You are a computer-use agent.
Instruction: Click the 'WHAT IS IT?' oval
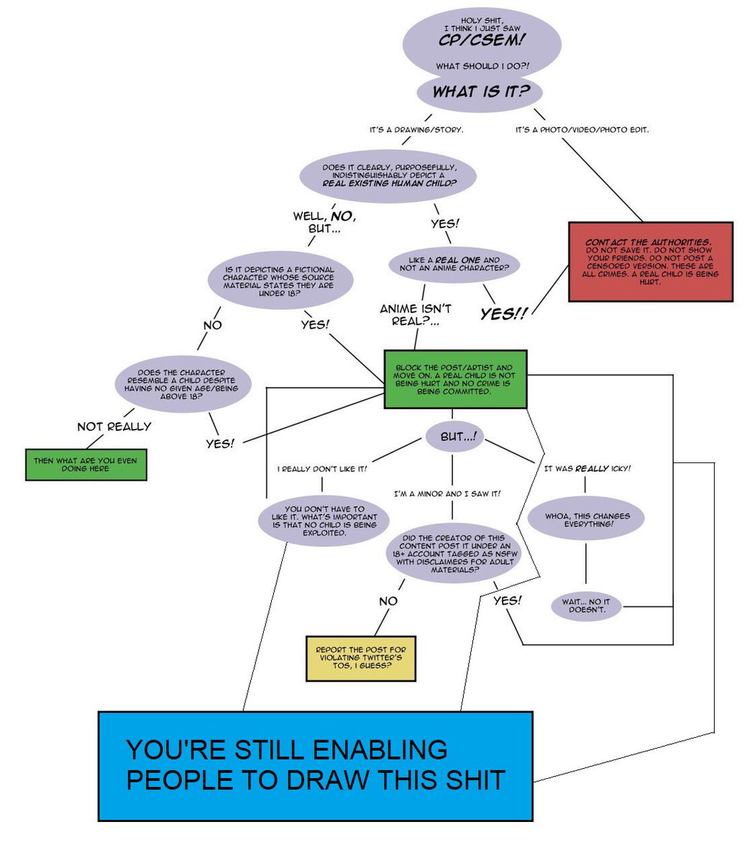pyautogui.click(x=480, y=92)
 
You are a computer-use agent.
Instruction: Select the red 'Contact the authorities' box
pyautogui.click(x=650, y=262)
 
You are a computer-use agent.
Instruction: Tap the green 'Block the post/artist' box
pyautogui.click(x=455, y=380)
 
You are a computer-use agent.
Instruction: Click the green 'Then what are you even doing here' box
pyautogui.click(x=86, y=465)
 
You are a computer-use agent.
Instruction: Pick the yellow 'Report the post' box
pyautogui.click(x=361, y=658)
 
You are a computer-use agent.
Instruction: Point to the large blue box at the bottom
pyautogui.click(x=315, y=766)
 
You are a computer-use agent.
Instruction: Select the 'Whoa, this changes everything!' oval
pyautogui.click(x=586, y=520)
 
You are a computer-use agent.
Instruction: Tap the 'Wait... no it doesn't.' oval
pyautogui.click(x=586, y=606)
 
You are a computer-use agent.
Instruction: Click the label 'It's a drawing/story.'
pyautogui.click(x=416, y=130)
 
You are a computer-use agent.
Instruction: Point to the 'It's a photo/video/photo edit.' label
pyautogui.click(x=582, y=130)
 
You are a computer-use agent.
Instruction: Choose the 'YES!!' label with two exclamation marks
pyautogui.click(x=503, y=314)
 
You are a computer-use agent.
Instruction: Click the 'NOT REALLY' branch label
pyautogui.click(x=114, y=426)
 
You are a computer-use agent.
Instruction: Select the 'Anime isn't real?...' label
pyautogui.click(x=416, y=315)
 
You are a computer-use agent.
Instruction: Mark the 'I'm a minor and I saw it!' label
pyautogui.click(x=447, y=494)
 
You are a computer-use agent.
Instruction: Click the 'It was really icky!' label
pyautogui.click(x=587, y=469)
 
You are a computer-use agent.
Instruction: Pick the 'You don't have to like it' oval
pyautogui.click(x=324, y=521)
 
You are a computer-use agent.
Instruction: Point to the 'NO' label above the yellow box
pyautogui.click(x=388, y=601)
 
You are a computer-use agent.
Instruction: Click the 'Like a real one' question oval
pyautogui.click(x=454, y=264)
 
